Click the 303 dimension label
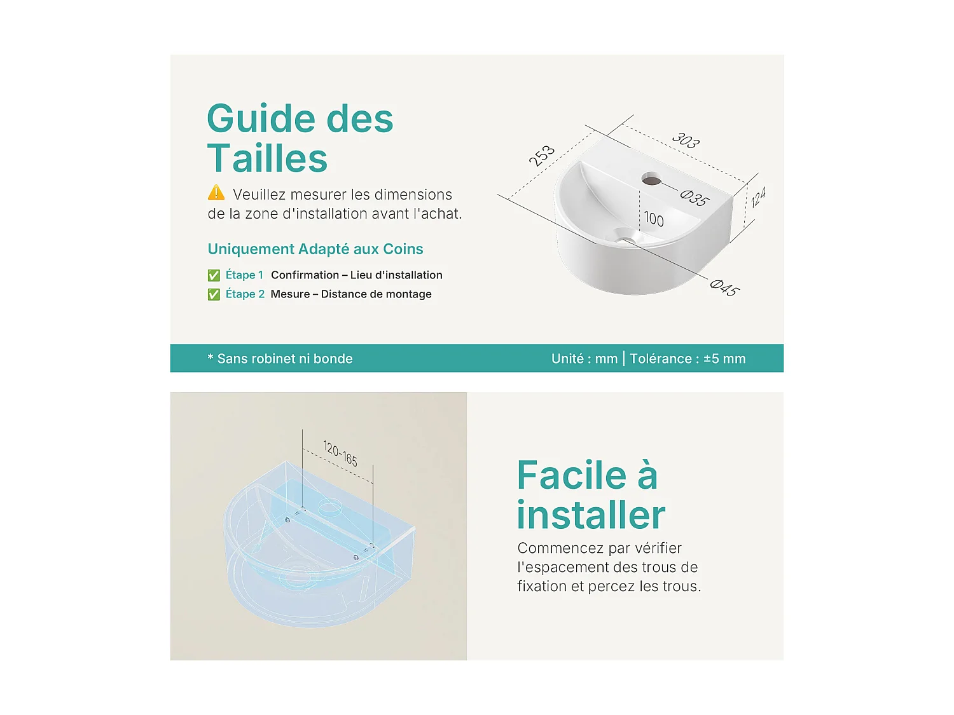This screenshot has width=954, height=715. [686, 140]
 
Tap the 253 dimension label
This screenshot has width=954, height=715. [541, 156]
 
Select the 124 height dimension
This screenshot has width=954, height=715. [757, 197]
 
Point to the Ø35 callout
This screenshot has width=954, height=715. [695, 198]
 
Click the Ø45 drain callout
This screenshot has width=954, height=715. [724, 288]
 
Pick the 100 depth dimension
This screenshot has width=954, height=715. [654, 219]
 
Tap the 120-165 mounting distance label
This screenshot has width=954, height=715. [340, 453]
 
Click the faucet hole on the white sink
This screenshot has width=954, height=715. [651, 179]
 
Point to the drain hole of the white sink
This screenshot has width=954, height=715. [627, 238]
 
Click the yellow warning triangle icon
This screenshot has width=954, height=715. [216, 193]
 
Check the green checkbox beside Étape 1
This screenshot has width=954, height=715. [214, 275]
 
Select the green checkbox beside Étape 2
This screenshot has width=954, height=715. [214, 294]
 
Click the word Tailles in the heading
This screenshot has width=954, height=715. [267, 158]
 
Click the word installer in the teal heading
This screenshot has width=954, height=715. [591, 514]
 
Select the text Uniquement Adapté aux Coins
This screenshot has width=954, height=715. [315, 249]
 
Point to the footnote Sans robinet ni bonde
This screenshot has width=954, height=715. [285, 358]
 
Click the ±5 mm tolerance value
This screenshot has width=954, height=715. [724, 358]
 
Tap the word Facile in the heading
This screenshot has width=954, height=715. [572, 475]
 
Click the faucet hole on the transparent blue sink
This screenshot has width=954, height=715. [330, 506]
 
